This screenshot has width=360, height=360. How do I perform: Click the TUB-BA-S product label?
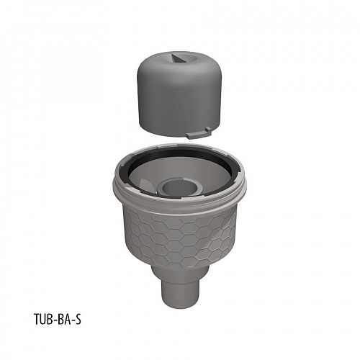point(58,318)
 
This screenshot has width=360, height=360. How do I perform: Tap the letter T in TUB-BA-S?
point(37,318)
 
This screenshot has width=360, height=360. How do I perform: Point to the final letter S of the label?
point(78,318)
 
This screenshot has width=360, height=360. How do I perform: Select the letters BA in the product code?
point(62,318)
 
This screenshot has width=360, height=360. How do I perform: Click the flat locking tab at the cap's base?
point(197,135)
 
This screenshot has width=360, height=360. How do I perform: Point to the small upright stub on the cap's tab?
point(208,130)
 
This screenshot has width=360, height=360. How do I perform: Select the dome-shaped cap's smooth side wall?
point(179,101)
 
